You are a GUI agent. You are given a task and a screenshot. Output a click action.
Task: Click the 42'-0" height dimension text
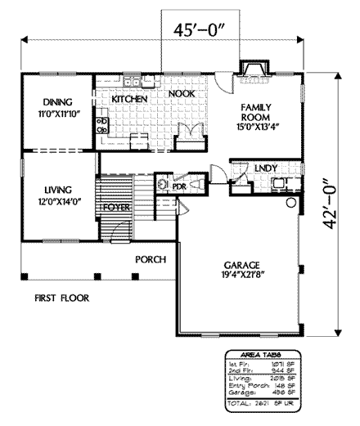click(x=331, y=206)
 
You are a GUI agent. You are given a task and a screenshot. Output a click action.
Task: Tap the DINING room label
click(x=55, y=102)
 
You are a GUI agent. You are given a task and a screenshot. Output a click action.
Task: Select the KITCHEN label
click(x=129, y=99)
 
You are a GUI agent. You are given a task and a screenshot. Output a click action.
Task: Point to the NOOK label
click(x=181, y=95)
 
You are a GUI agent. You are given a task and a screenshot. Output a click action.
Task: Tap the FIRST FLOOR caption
click(x=61, y=298)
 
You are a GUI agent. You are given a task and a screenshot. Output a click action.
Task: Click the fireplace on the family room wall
click(x=252, y=71)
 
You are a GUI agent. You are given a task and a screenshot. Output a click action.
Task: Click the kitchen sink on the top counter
click(x=133, y=82)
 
